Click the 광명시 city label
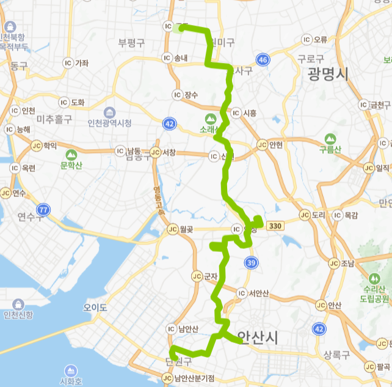[328, 75]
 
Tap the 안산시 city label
[257, 337]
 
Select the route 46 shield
[263, 60]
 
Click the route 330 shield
[275, 226]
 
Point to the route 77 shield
[43, 210]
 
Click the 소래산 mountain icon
[210, 119]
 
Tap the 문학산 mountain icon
[71, 155]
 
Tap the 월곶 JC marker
[173, 229]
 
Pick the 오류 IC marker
[307, 40]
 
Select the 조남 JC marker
[333, 264]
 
